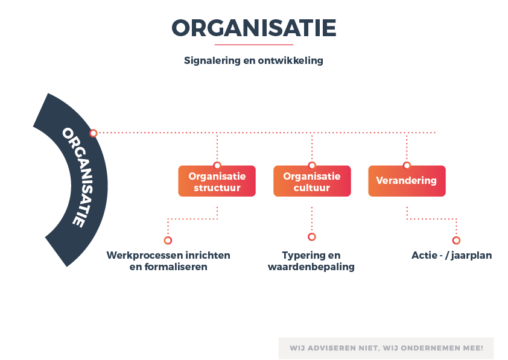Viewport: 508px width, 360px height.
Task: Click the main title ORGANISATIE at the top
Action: coord(253,28)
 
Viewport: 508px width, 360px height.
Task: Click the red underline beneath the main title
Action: coord(253,45)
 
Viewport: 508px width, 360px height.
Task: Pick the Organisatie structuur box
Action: coord(217,182)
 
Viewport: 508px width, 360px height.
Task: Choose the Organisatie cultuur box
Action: coord(312,182)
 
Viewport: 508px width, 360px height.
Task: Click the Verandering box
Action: coord(407,182)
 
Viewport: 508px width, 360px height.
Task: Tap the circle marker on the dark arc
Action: coord(94,133)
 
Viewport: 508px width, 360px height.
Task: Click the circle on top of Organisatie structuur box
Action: coord(217,165)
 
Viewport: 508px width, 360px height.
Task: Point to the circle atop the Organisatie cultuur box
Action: coord(312,165)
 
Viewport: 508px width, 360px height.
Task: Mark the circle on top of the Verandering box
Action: coord(407,165)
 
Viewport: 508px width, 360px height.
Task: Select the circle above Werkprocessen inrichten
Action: coord(168,240)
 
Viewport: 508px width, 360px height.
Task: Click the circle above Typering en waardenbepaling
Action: coord(312,236)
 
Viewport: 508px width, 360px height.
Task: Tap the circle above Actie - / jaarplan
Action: coord(457,240)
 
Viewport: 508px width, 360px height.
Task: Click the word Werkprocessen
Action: coord(141,256)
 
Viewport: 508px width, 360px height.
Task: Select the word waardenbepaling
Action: coord(311,267)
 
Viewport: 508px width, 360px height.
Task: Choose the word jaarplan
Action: coord(471,256)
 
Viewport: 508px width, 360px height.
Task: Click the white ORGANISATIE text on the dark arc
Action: coord(78,177)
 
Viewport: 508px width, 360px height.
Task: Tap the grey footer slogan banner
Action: coord(386,348)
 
